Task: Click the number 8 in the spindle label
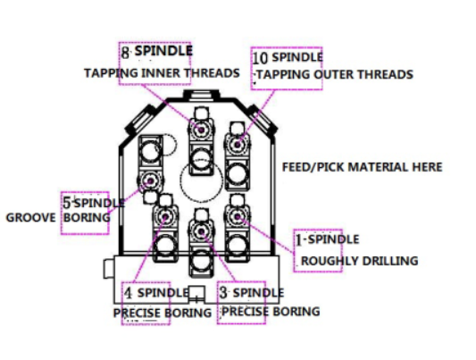(x=125, y=52)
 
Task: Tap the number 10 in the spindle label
(x=260, y=58)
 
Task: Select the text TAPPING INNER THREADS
(x=162, y=73)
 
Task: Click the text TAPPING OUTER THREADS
(x=335, y=75)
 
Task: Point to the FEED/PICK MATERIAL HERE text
(x=363, y=167)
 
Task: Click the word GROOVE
(x=31, y=218)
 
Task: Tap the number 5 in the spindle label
(x=67, y=203)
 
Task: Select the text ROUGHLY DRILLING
(x=359, y=261)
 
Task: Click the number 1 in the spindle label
(x=299, y=239)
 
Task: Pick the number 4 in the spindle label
(x=129, y=293)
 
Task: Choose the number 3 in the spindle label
(x=223, y=293)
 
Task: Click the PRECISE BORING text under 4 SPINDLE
(x=163, y=313)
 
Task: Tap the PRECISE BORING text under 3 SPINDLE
(x=271, y=312)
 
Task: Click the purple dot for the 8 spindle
(x=201, y=130)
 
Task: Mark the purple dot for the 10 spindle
(x=237, y=145)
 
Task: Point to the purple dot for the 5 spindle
(x=150, y=181)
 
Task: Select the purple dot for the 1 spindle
(x=237, y=216)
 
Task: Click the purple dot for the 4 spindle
(x=165, y=217)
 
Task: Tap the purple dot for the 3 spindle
(x=201, y=231)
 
